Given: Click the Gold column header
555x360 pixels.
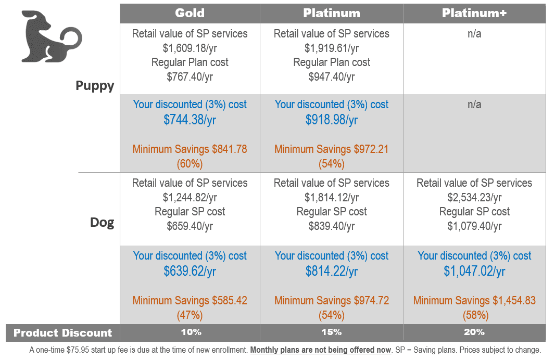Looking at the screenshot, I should coord(190,13).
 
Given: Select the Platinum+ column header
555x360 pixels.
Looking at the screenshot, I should coord(474,13).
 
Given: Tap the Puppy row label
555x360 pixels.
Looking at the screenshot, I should coord(95,85).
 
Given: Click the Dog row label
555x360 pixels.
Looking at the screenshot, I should coord(102,223).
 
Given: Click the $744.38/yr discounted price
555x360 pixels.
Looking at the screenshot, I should coord(190,120).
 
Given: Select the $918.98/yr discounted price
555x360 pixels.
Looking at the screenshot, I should coord(332,120).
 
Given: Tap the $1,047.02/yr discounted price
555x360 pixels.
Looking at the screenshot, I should coord(474,271).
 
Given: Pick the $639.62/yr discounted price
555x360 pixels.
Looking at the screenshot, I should coord(190,271).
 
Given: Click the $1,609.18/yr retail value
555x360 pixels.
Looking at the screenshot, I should coord(190,48).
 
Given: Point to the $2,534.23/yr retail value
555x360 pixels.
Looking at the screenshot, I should coord(474,198).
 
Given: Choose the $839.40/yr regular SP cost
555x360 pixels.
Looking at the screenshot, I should coord(332,226).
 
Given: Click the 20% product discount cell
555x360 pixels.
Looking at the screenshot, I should coord(474,332).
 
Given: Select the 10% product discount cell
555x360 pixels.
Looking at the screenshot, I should coord(190,332).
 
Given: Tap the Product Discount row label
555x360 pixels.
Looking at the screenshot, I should coord(62,332).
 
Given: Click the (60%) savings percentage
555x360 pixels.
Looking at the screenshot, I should coord(190,163).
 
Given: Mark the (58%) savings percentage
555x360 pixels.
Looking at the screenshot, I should coord(474,315).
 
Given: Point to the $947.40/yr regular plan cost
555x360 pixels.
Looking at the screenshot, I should coord(332,77).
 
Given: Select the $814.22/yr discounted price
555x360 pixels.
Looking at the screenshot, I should coord(332,271).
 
